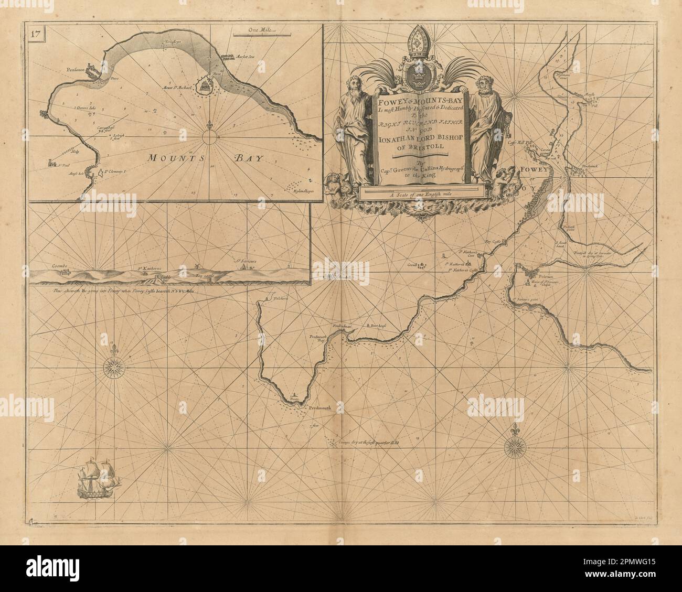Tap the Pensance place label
[x=77, y=69]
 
